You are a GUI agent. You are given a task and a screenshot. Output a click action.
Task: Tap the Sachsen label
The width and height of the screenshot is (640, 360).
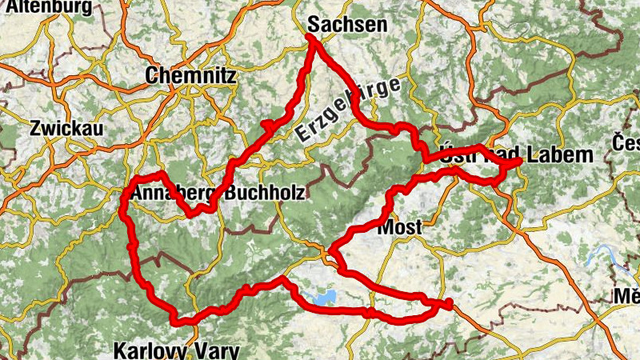(347, 24)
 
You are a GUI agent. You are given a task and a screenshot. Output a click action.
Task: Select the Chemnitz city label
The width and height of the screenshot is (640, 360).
(190, 76)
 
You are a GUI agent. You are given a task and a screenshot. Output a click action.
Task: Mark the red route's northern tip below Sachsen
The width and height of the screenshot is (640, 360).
(310, 37)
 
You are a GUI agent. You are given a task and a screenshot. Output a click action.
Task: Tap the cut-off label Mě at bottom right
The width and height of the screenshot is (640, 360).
(626, 297)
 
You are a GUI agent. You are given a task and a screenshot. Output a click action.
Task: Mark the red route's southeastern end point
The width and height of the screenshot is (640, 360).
(449, 302)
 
